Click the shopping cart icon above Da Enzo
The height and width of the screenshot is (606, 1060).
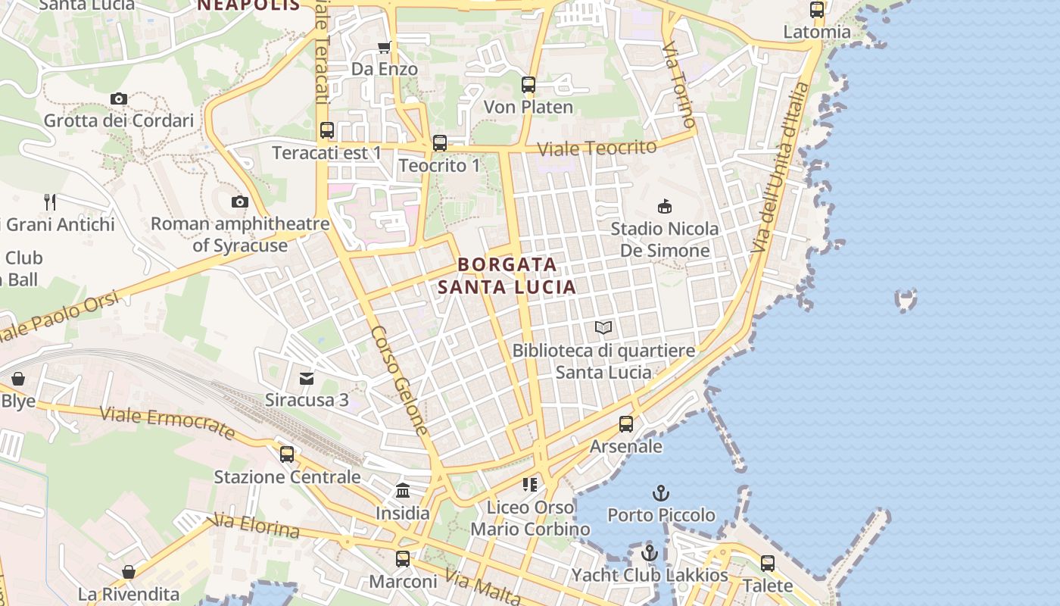coord(384,48)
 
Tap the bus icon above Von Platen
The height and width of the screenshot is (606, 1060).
coord(528,85)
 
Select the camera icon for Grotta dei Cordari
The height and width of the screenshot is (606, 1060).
coord(119,98)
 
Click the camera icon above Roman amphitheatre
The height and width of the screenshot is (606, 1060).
coord(240,201)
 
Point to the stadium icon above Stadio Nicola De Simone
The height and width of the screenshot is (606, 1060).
coord(665,206)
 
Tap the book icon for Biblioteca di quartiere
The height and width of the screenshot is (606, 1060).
coord(603,327)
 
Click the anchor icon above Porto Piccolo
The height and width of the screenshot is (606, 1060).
coord(661,493)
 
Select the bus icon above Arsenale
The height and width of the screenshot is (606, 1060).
coord(626,424)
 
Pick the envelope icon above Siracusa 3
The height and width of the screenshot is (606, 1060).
coord(307,378)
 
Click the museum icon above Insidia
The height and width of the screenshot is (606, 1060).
coord(403,491)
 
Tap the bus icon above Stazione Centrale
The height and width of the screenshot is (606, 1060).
coord(287,454)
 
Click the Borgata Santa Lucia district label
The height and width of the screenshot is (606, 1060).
coord(507,276)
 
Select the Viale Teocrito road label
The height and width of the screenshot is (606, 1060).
coord(597,148)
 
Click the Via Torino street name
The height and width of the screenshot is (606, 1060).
coord(678,85)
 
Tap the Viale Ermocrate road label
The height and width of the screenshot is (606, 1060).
coord(167,423)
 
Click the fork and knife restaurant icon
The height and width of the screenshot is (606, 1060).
coord(50,202)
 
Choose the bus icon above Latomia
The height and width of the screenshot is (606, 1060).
coord(817,10)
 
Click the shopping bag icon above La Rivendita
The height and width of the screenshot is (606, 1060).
coord(129,571)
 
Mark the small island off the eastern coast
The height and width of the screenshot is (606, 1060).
coord(906,299)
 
